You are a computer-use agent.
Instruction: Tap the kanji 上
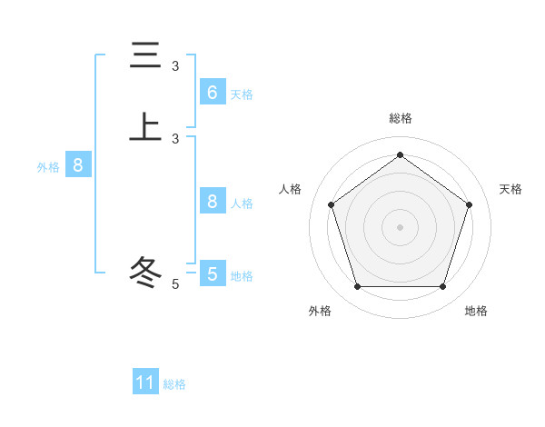(144, 126)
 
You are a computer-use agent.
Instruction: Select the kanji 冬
(144, 272)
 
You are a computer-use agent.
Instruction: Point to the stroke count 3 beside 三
(175, 66)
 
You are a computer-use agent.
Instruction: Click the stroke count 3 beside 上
(175, 139)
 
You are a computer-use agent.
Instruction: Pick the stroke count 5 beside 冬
(175, 284)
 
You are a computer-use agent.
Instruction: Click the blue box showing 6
(212, 93)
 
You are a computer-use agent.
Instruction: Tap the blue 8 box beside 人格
(212, 202)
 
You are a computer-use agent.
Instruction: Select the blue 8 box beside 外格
(78, 165)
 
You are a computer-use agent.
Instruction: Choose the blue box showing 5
(212, 273)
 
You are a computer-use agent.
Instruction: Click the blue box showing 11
(145, 382)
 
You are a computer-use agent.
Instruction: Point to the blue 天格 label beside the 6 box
(242, 94)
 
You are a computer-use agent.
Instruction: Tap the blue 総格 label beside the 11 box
(174, 384)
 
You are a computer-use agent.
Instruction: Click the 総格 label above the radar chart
(400, 118)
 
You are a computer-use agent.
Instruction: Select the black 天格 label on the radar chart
(511, 189)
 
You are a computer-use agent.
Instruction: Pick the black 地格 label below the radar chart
(476, 311)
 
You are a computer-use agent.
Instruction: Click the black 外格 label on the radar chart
(320, 311)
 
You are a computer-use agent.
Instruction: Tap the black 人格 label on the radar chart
(291, 189)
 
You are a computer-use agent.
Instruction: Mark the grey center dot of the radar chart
(400, 226)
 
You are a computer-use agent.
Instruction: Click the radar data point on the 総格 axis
(400, 154)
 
